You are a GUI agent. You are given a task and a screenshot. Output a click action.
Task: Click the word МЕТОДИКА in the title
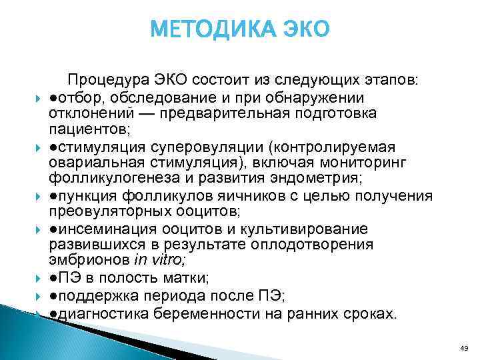coord(203,30)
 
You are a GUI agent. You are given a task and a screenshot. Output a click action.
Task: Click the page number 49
coord(465,348)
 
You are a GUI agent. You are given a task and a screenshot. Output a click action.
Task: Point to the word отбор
coord(75,97)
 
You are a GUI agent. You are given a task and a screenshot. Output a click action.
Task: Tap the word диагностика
coord(98,313)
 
